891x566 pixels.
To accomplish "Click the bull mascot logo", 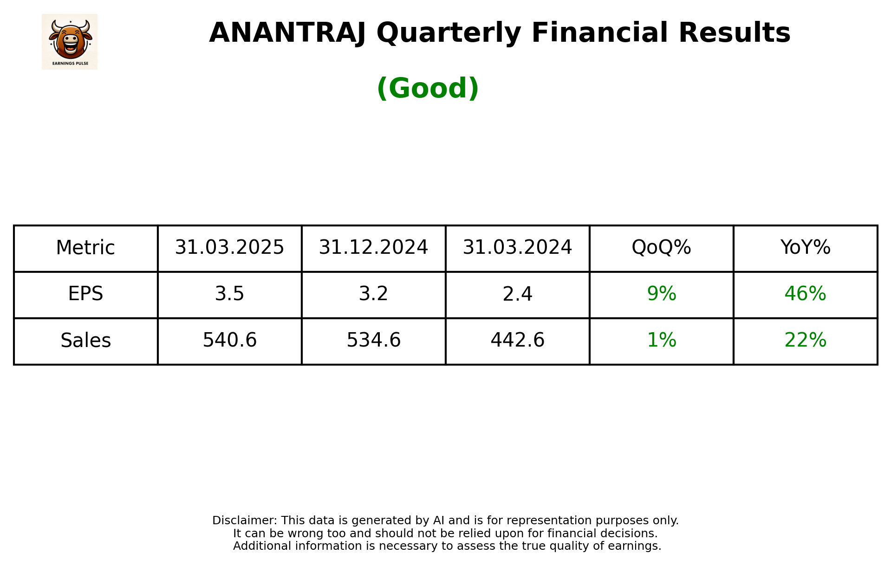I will [70, 41].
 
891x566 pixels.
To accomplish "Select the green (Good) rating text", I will [428, 88].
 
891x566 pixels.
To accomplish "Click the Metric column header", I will [85, 248].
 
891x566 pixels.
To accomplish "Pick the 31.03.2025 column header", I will [229, 248].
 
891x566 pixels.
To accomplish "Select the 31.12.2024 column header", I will [373, 248].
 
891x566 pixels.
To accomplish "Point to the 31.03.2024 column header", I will [517, 248].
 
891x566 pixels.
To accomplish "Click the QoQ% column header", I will [661, 248].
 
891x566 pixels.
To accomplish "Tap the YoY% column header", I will [805, 248].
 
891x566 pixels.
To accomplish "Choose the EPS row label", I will [85, 294].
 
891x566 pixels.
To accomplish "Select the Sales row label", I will [85, 341].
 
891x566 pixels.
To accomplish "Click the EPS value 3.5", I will [229, 294].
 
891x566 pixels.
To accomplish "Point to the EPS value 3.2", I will [373, 294].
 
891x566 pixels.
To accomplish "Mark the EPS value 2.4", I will [517, 294].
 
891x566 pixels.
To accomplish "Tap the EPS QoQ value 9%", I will [661, 294].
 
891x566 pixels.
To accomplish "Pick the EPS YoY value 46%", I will [805, 294].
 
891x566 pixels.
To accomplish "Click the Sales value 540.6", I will [229, 341].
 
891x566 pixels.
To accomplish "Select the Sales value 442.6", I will [517, 341].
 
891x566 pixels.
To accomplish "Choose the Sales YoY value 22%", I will [805, 341].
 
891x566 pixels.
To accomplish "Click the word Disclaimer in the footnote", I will [244, 521].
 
